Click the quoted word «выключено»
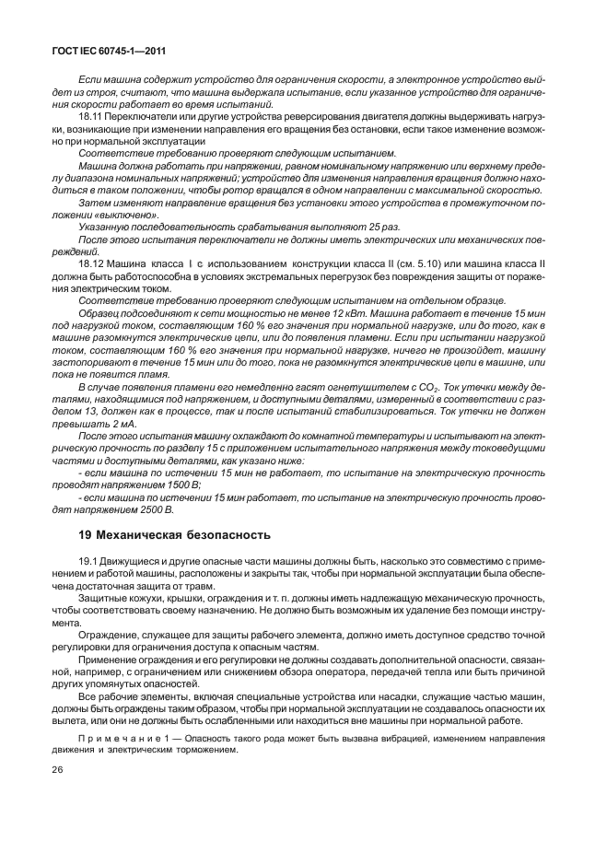112,214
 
